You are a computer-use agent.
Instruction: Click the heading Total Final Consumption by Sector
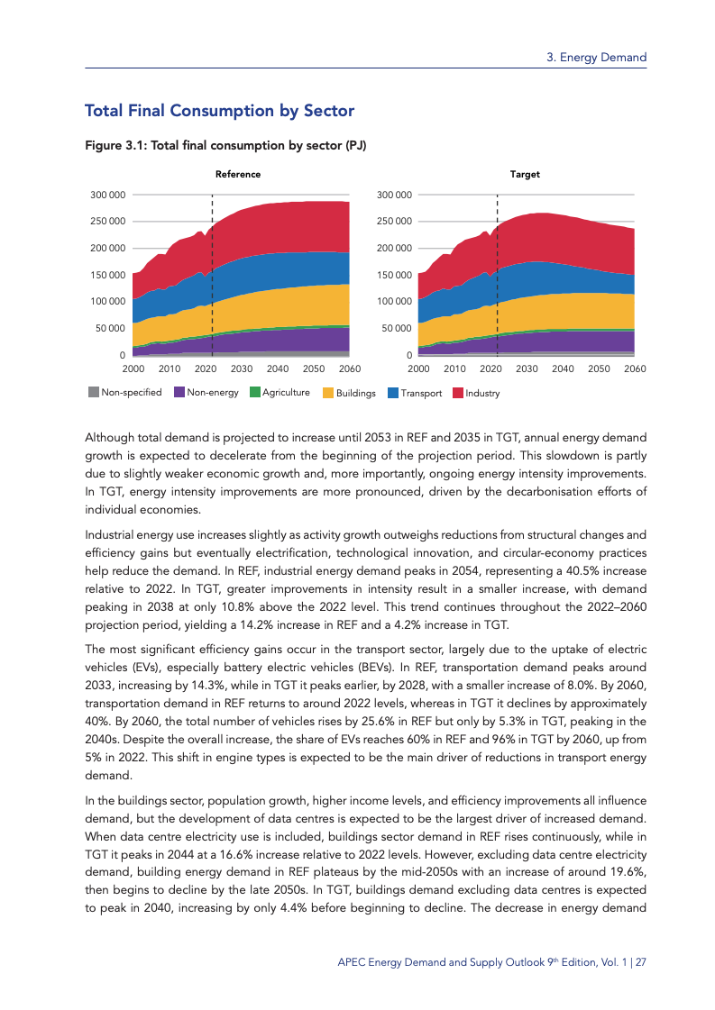tap(219, 111)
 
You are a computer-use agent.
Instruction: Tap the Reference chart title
tap(238, 175)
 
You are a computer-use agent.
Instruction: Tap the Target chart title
tap(525, 175)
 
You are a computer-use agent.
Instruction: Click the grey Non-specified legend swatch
tap(94, 393)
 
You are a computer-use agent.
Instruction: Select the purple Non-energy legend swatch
tap(179, 393)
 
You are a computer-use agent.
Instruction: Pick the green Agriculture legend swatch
tap(255, 393)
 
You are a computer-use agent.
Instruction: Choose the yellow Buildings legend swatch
tap(328, 393)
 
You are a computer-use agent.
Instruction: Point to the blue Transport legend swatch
tap(393, 393)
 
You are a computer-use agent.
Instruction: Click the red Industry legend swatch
tap(458, 393)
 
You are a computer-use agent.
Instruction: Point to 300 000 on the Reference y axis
tap(107, 195)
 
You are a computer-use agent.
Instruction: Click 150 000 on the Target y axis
tap(394, 275)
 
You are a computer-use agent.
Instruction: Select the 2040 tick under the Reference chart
tap(278, 369)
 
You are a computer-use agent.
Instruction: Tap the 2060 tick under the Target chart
tap(635, 369)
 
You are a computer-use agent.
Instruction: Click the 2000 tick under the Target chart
tap(418, 369)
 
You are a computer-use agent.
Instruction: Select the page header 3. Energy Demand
tap(597, 58)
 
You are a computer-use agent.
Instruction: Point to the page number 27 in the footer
tap(641, 962)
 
